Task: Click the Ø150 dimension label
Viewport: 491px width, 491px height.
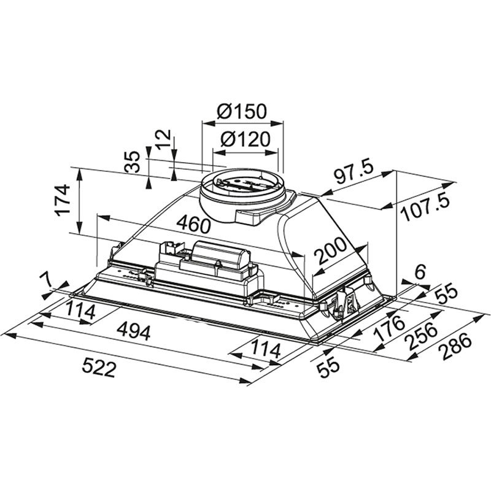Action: pyautogui.click(x=242, y=112)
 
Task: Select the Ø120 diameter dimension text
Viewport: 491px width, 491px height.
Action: pyautogui.click(x=245, y=139)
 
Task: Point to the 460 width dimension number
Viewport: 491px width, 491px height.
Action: pyautogui.click(x=193, y=224)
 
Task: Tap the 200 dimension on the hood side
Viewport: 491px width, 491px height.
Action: pyautogui.click(x=331, y=251)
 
